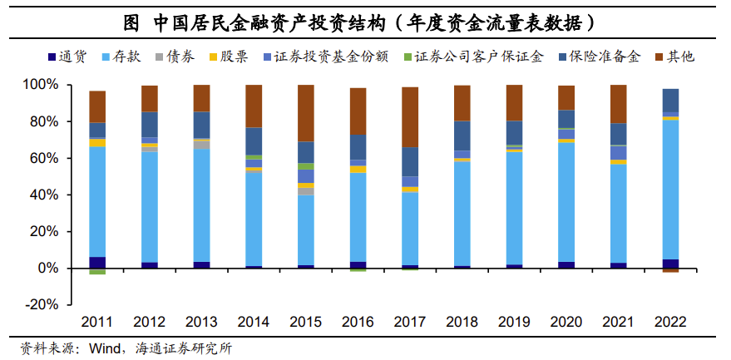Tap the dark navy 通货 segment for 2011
click(97, 263)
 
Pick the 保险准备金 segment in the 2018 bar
click(462, 136)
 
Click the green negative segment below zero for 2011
click(97, 271)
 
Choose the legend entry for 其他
click(679, 57)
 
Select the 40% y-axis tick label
click(42, 195)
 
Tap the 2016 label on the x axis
click(357, 322)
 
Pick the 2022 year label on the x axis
click(670, 322)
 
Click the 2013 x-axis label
click(201, 322)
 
